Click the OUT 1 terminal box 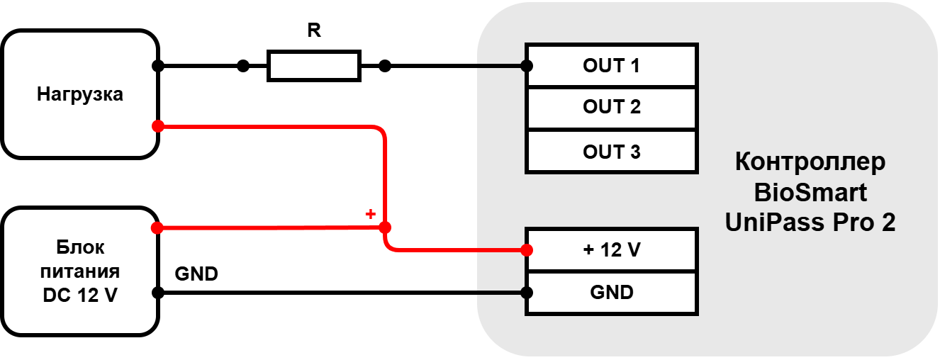coord(611,65)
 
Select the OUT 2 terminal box coord(611,108)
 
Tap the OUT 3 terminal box coord(611,152)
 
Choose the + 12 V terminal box coord(611,250)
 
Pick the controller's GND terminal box coord(611,293)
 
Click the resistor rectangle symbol coord(314,66)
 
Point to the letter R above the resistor coord(314,30)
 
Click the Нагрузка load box coord(79,94)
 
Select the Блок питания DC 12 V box coord(79,271)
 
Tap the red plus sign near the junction coord(370,214)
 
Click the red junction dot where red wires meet coord(385,227)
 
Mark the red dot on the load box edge coord(158,126)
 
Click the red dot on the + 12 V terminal coord(527,250)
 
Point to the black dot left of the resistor coord(243,66)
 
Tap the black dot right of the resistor coord(385,66)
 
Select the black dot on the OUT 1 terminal coord(527,66)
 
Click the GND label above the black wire coord(196,274)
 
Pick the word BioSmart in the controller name coord(810,193)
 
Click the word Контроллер coord(810,162)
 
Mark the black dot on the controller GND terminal coord(527,293)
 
